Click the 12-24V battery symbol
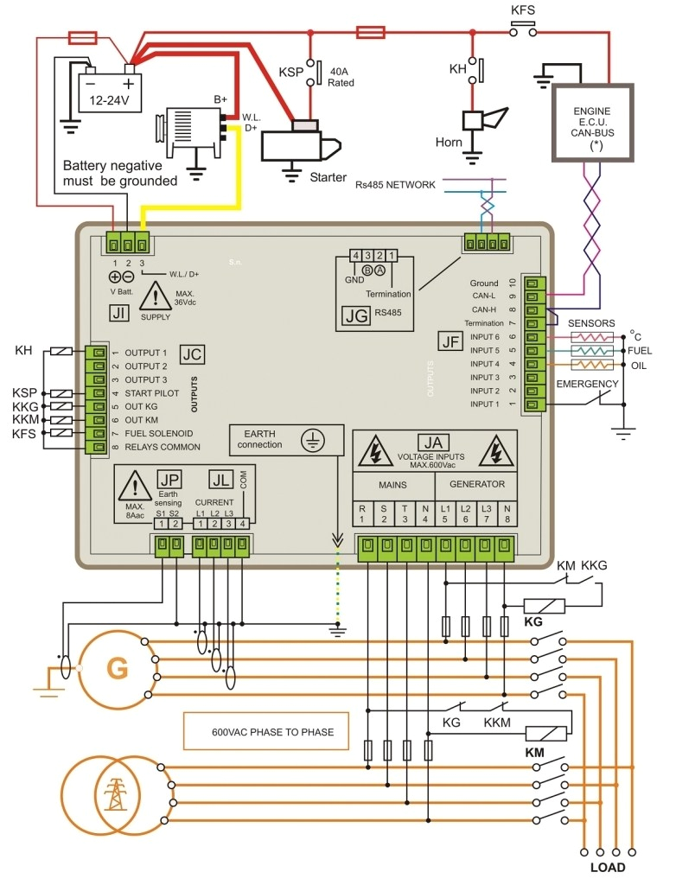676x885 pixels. click(110, 92)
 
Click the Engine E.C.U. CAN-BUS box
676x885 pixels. click(592, 123)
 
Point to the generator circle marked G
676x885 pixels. click(116, 666)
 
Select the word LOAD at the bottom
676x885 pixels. click(607, 868)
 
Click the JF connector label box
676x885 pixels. click(450, 341)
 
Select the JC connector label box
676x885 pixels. click(192, 353)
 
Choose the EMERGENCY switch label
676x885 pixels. click(588, 384)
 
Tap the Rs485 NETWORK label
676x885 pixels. click(395, 184)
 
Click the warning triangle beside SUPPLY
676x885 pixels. click(156, 300)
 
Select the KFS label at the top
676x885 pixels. click(522, 12)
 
